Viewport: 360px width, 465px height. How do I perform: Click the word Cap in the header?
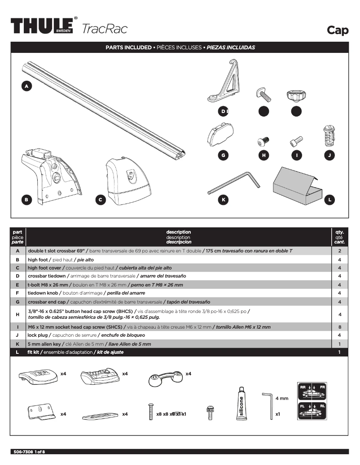338,30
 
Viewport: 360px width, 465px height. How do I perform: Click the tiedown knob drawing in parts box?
296,95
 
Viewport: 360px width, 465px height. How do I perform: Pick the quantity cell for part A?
339,251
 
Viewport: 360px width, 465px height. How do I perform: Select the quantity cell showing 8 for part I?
339,327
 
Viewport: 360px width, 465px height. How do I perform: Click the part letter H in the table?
18,315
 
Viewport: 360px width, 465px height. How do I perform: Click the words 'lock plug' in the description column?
38,335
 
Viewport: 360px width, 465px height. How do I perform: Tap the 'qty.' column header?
339,232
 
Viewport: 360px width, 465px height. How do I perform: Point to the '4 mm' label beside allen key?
282,398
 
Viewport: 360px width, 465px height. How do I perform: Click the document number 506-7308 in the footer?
22,452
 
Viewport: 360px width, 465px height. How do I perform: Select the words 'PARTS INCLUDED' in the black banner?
128,47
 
